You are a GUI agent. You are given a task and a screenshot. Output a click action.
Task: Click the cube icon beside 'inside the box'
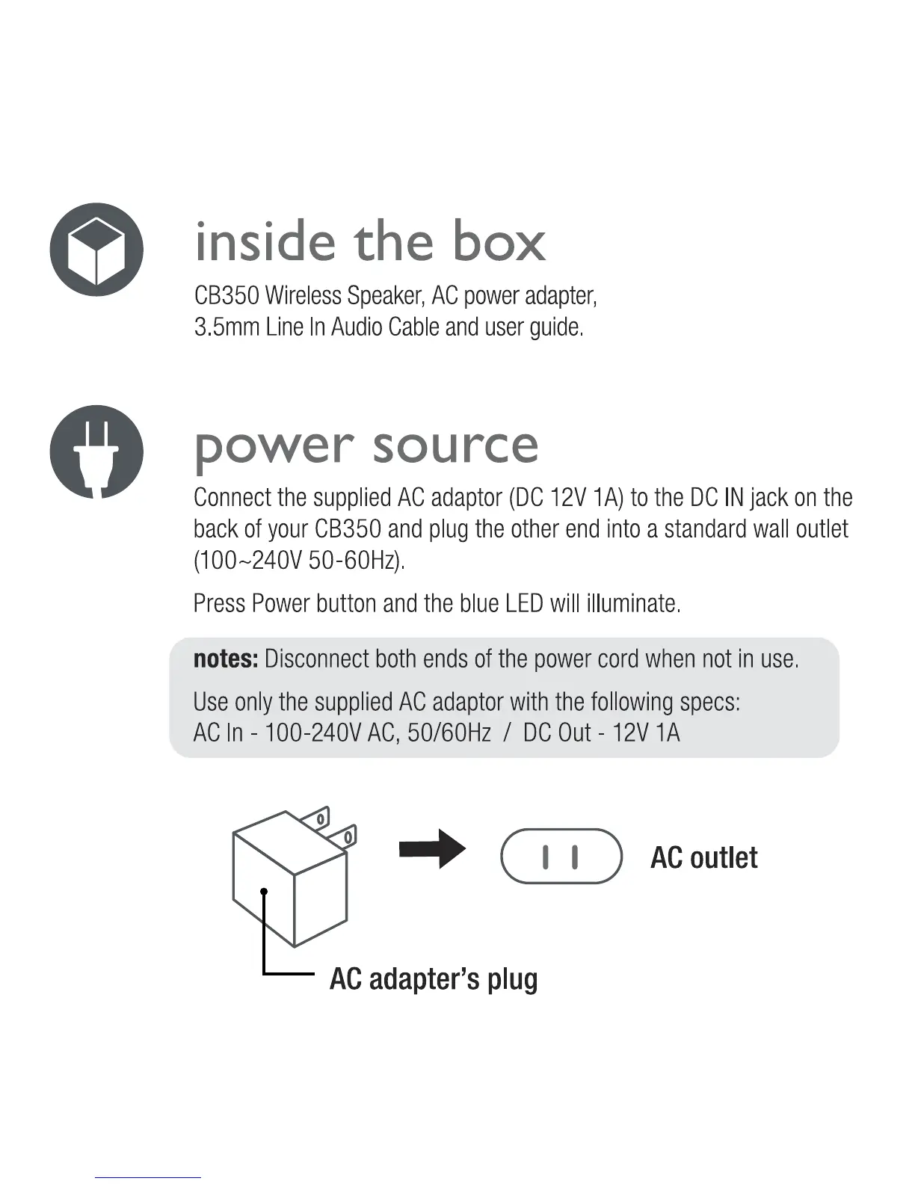(x=96, y=249)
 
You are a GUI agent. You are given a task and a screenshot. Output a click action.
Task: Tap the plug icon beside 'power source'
(x=96, y=451)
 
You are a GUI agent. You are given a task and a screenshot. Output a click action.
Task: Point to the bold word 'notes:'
(x=226, y=659)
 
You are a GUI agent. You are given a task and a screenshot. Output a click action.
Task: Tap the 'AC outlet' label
(x=703, y=857)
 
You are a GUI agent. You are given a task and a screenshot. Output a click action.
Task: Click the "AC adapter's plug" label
(x=434, y=978)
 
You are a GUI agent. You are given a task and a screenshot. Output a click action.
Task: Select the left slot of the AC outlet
(x=546, y=857)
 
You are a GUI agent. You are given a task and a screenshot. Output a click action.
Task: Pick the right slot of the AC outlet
(x=574, y=857)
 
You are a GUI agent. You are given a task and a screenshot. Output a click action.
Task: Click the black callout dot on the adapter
(x=264, y=890)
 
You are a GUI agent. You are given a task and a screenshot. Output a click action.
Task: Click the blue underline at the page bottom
(x=148, y=1177)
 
